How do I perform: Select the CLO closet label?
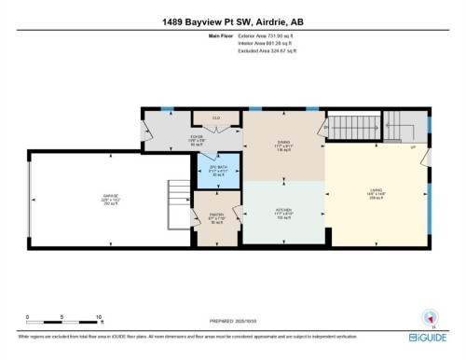[216, 118]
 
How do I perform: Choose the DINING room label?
[284, 144]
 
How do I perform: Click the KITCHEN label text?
[284, 210]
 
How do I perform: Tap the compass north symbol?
[429, 314]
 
